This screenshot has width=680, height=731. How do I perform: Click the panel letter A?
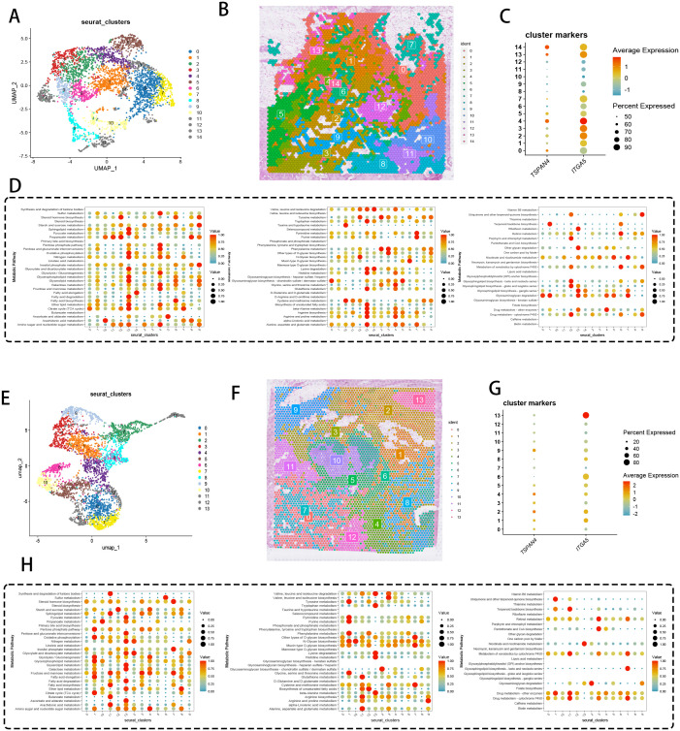tap(10, 10)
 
